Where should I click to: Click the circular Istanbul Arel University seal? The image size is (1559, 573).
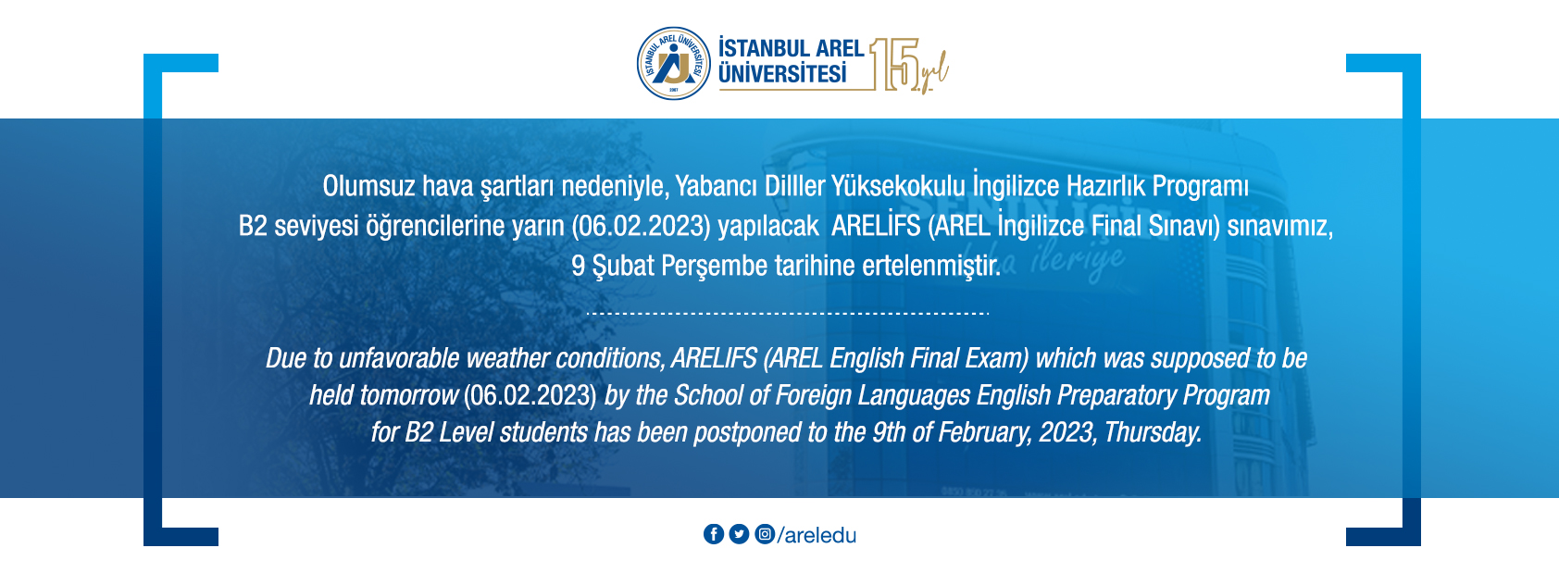674,63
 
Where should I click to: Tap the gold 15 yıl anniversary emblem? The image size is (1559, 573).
908,65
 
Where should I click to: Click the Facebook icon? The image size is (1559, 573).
714,534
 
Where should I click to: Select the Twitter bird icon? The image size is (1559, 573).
739,534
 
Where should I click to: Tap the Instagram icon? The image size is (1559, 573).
764,534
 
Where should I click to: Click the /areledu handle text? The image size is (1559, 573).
817,535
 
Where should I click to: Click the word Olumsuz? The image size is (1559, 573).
368,186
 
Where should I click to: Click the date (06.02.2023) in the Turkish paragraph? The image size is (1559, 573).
641,226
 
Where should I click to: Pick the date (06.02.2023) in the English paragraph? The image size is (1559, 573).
530,395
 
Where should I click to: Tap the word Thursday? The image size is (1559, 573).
1153,432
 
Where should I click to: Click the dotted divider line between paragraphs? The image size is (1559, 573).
787,314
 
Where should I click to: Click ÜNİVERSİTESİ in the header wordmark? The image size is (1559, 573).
783,74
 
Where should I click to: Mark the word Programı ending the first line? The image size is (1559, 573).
1200,187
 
